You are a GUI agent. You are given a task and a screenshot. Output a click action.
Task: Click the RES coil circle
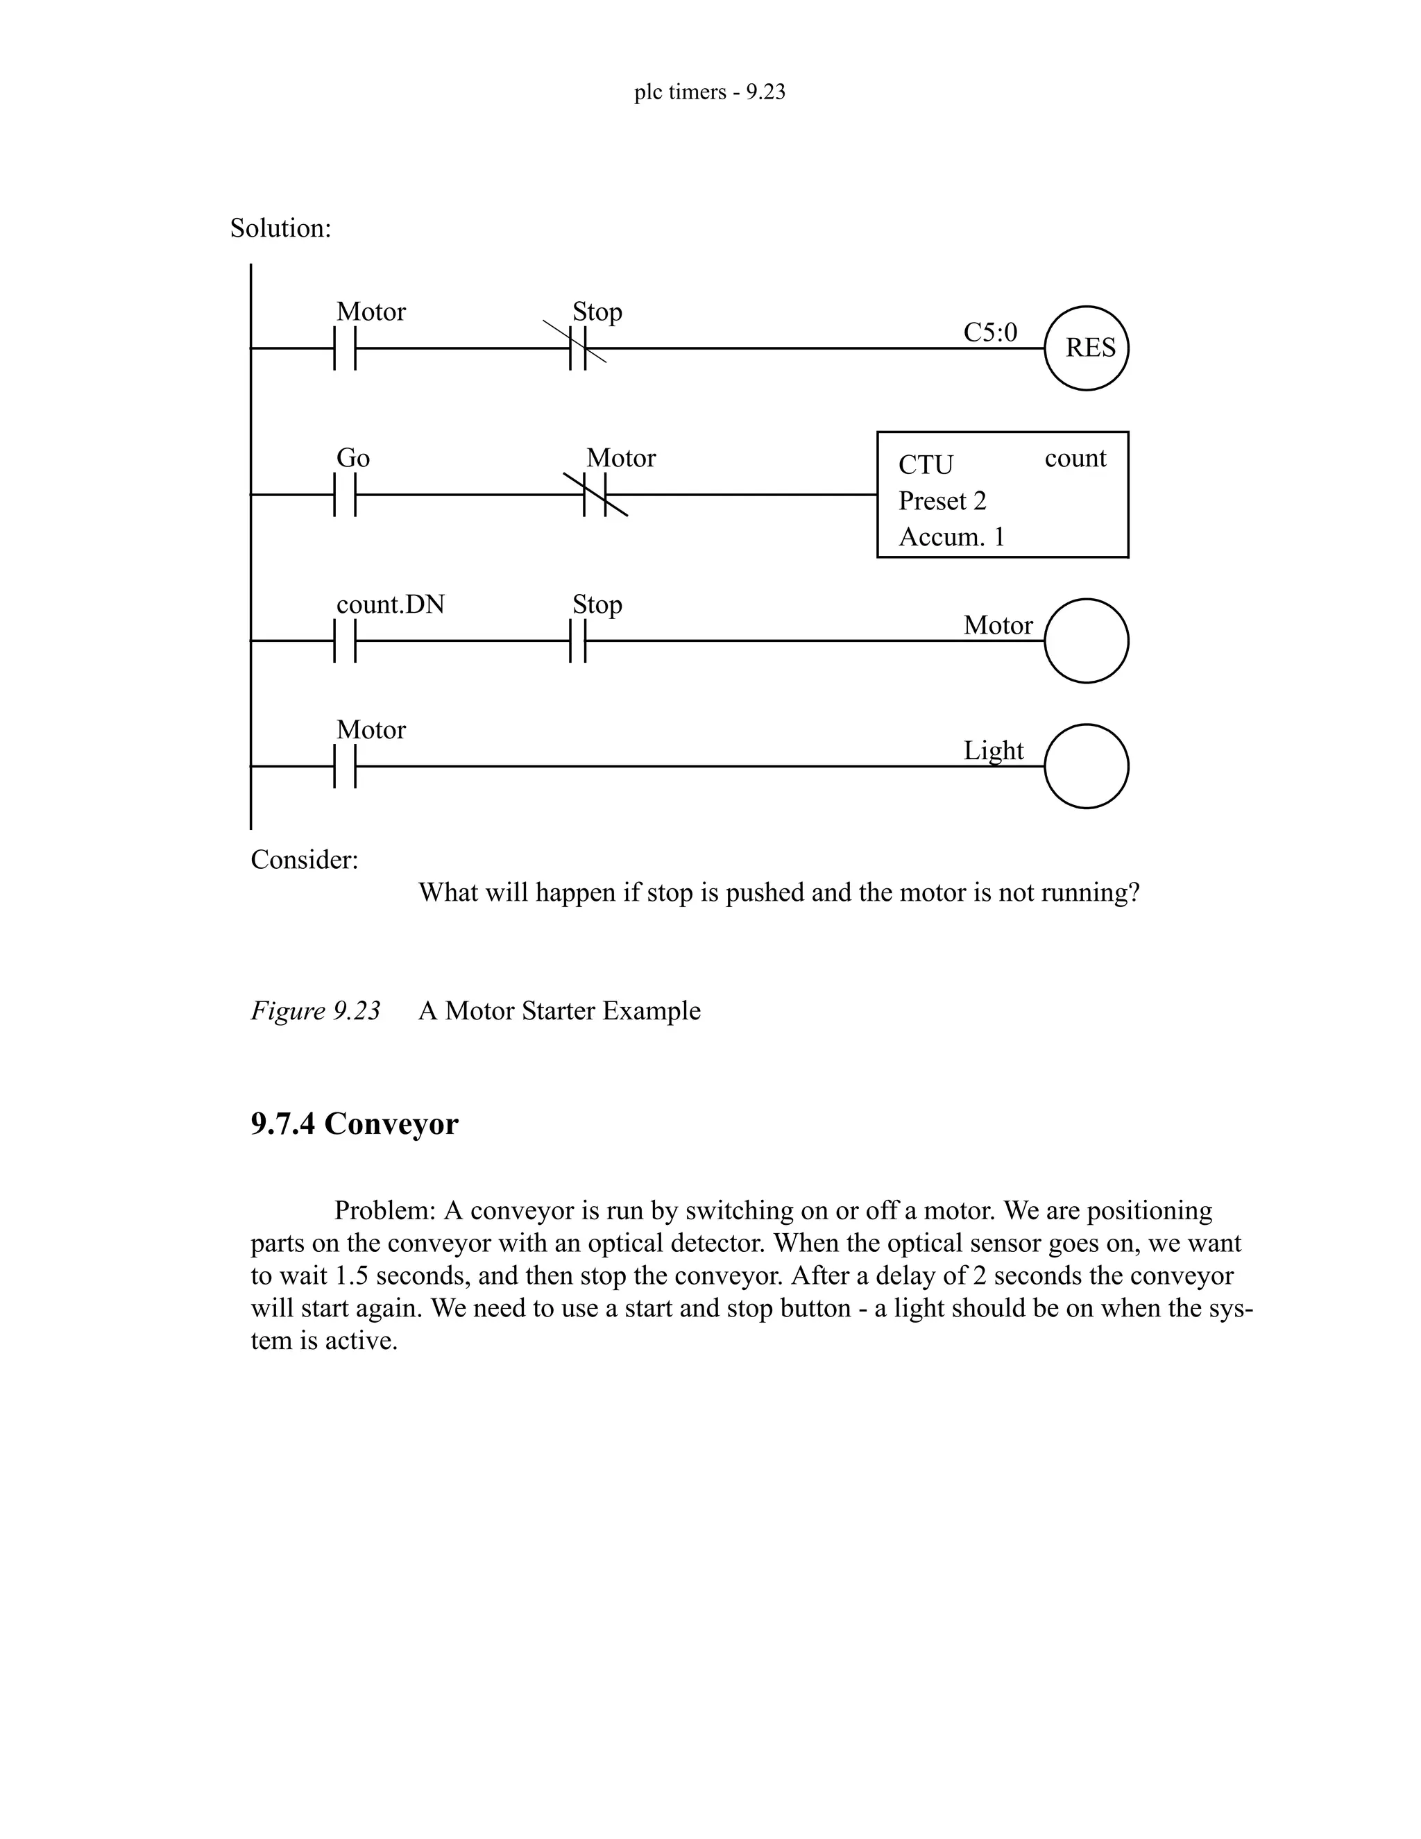tap(1086, 348)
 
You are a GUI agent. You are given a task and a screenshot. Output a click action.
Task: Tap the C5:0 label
tap(990, 332)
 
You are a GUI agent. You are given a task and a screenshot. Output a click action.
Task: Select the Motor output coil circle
tap(1086, 641)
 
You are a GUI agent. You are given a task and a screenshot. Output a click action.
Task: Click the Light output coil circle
tap(1086, 766)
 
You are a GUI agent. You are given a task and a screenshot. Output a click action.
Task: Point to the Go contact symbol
tap(345, 495)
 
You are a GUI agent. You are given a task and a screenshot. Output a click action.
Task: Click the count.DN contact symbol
tap(345, 641)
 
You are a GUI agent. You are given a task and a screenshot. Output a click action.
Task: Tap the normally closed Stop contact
tap(577, 348)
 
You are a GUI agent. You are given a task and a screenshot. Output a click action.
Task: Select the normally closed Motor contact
tap(595, 495)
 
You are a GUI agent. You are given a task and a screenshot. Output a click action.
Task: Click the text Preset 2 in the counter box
tap(942, 501)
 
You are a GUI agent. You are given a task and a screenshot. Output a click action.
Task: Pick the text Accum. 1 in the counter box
tap(951, 537)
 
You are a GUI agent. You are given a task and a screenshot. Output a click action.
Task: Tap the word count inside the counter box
tap(1075, 458)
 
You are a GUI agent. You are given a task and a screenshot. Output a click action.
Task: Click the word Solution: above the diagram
tap(280, 228)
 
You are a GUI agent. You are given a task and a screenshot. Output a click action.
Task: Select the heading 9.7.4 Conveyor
tap(355, 1124)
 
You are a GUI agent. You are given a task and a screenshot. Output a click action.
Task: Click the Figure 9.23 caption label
tap(316, 1010)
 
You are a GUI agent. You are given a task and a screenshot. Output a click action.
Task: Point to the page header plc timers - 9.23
tap(710, 92)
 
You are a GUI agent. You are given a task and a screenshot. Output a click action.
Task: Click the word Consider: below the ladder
tap(304, 860)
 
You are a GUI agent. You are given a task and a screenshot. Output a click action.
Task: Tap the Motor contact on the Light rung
tap(345, 766)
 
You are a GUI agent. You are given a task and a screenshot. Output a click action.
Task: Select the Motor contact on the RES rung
tap(345, 348)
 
